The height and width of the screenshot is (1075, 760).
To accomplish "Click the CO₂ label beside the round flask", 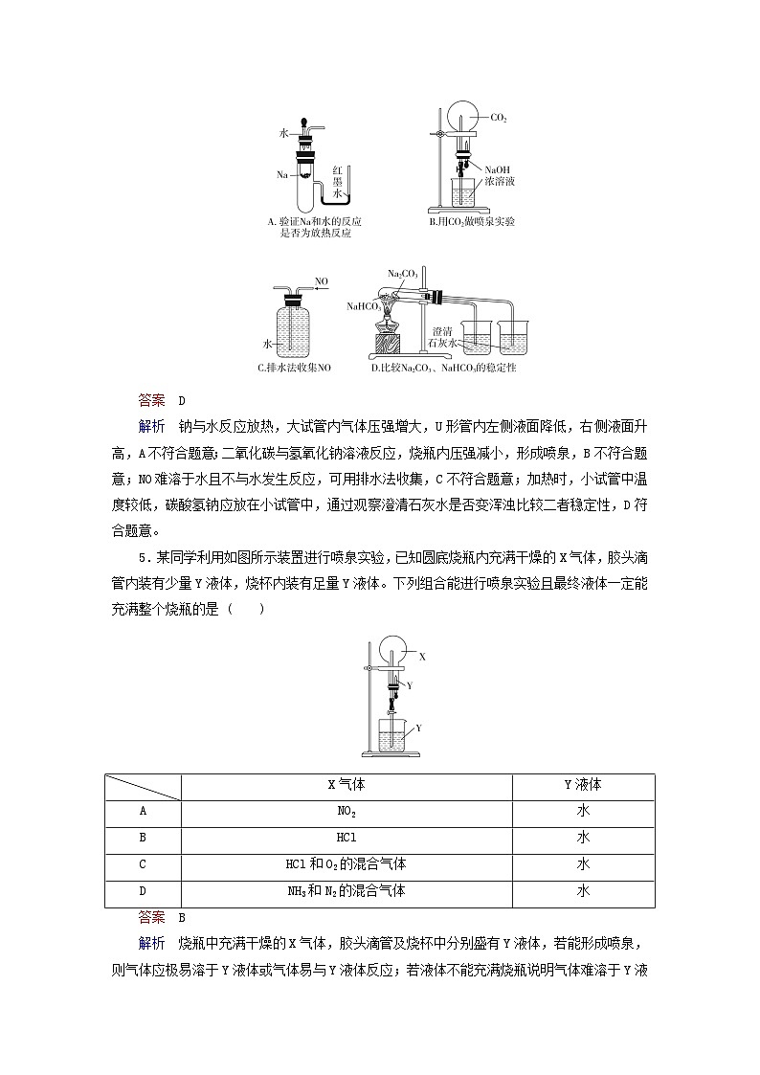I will (x=499, y=118).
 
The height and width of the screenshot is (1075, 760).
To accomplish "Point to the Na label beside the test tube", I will (x=282, y=175).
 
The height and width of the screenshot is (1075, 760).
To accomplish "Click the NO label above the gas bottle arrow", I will (x=322, y=281).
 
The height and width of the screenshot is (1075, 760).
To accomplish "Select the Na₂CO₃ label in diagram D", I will (x=403, y=274).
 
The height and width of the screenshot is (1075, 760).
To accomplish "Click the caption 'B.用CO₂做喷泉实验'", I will (x=471, y=222).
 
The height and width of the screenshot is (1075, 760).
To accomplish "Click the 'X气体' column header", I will (x=346, y=785).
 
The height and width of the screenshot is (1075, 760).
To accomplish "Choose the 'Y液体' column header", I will (x=582, y=785).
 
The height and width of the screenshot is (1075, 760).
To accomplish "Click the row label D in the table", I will (x=143, y=891).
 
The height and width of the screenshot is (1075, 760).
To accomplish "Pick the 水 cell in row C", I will (x=582, y=864).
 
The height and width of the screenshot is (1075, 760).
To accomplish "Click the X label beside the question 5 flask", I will (x=421, y=658).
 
